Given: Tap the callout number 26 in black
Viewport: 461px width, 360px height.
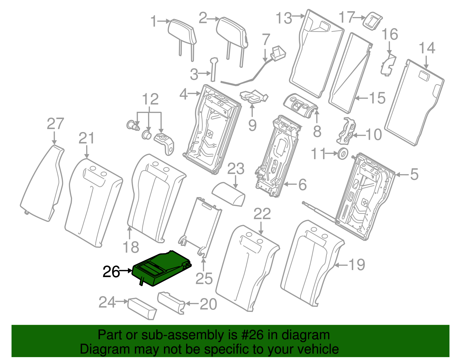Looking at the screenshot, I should pos(111,272).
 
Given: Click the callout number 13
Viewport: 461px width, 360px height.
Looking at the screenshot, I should pos(284,18).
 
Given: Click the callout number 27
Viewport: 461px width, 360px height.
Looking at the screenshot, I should pos(55,124).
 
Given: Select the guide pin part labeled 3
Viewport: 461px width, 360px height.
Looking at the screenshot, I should pos(214,69).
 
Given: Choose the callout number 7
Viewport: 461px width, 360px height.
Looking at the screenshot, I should pos(266,39).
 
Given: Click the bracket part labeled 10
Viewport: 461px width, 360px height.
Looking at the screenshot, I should pos(346,131).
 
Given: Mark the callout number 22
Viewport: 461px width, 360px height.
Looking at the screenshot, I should pos(262,214).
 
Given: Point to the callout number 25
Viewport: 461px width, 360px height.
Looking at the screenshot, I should pos(204,278).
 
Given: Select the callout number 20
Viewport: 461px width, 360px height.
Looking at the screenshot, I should pos(208,304).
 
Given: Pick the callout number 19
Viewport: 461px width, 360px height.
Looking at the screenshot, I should pos(357,264).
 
